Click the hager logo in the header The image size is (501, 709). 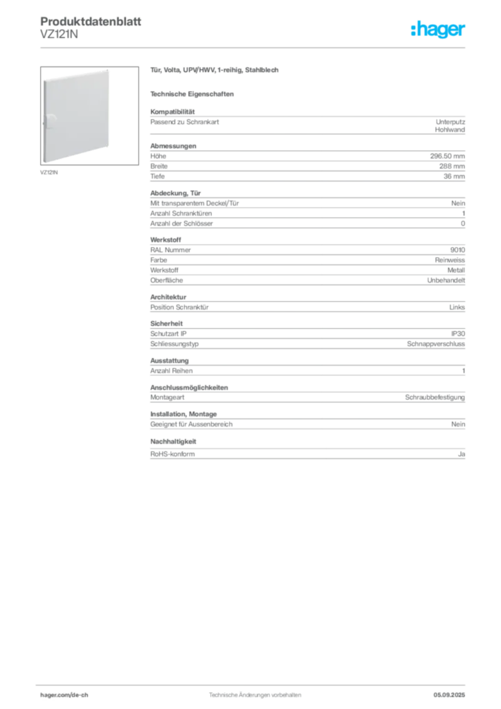tap(438, 29)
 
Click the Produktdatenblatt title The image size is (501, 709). tap(91, 21)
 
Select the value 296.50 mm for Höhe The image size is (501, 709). tap(447, 156)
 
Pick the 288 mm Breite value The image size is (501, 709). tap(452, 166)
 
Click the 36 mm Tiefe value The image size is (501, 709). tap(454, 177)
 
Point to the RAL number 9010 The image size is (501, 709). tap(457, 250)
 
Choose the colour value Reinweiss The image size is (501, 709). tap(450, 260)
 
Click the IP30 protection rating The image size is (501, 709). tap(458, 334)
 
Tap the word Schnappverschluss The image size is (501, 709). tap(436, 344)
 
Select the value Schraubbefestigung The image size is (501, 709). tap(435, 397)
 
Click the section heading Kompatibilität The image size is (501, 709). tap(172, 111)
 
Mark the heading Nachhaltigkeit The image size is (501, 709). tap(173, 441)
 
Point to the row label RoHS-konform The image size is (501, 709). tap(172, 454)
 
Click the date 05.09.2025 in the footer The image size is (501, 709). tap(449, 695)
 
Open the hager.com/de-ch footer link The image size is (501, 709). tap(64, 695)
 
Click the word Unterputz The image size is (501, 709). tap(450, 122)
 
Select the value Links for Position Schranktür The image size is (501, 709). tap(457, 307)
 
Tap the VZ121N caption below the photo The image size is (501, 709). tap(49, 172)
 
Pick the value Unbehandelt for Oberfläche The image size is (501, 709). tap(446, 280)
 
